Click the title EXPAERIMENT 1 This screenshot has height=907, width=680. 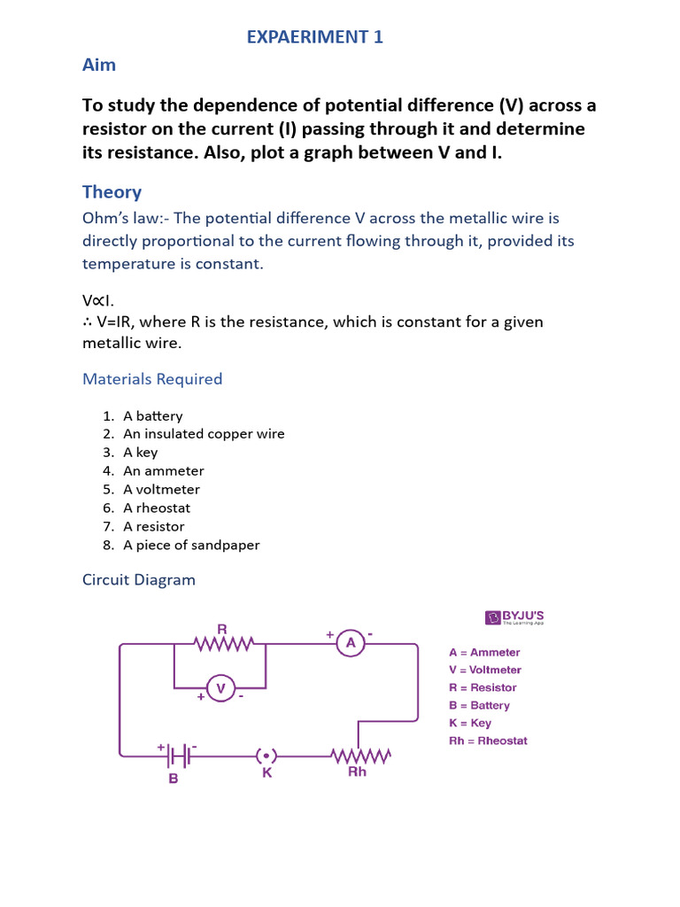point(314,36)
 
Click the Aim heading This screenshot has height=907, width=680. point(99,65)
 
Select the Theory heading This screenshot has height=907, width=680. point(112,192)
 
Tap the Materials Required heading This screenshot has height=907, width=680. point(152,379)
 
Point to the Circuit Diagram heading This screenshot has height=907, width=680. point(139,580)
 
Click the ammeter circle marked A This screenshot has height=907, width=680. point(351,644)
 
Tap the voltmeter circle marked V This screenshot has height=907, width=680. point(220,688)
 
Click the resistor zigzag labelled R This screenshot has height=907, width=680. point(224,644)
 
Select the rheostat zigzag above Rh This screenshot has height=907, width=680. point(360,756)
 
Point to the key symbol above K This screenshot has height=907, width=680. point(267,756)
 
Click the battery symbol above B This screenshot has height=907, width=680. point(178,756)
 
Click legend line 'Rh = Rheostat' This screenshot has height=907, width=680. point(488,740)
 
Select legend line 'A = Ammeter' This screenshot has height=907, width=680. point(484,653)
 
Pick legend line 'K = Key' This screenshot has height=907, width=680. point(470,723)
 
